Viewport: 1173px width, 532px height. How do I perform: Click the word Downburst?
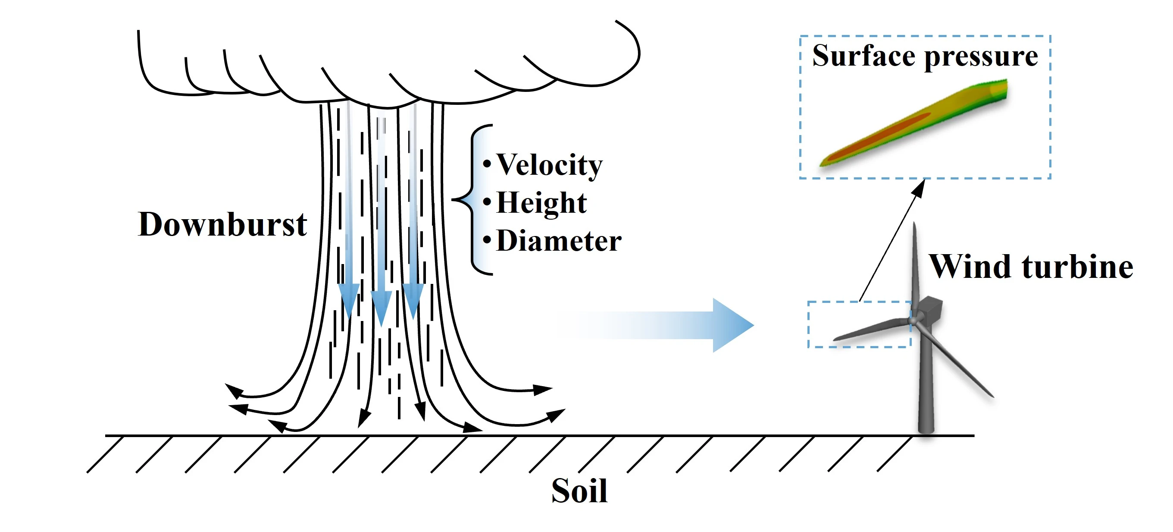[222, 224]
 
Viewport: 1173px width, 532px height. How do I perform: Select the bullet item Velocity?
[549, 164]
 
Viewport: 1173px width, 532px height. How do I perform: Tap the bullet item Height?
[541, 202]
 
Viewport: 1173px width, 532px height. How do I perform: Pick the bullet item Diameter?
[558, 241]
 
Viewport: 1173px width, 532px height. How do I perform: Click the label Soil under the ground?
[579, 491]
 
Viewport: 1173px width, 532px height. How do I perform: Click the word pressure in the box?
[981, 57]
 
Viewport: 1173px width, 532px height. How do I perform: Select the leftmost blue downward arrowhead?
[349, 299]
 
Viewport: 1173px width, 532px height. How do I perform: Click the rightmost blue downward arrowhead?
[413, 299]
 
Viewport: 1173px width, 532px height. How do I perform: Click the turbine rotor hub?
[913, 320]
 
